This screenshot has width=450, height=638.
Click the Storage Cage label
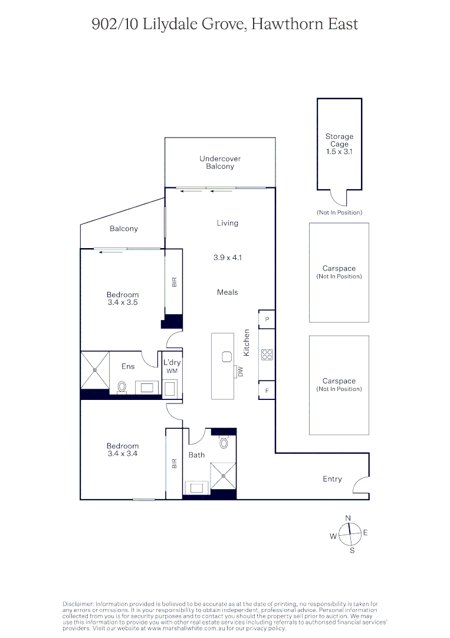(x=339, y=140)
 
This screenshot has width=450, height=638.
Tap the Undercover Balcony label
(x=220, y=162)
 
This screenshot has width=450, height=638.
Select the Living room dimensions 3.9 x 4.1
(x=228, y=258)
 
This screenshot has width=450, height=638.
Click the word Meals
(x=228, y=292)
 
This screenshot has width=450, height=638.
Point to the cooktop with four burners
(x=267, y=354)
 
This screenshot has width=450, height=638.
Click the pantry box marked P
(x=267, y=319)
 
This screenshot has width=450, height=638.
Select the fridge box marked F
(x=267, y=390)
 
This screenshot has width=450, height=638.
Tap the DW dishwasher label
(x=241, y=372)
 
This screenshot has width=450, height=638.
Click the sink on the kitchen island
(x=227, y=356)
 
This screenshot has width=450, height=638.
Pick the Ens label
(x=128, y=366)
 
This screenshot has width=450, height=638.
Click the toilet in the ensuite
(x=122, y=387)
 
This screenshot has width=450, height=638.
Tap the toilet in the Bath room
(x=224, y=442)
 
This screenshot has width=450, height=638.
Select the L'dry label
(x=172, y=362)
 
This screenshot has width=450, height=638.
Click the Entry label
(x=332, y=479)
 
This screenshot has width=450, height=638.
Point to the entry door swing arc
(x=359, y=486)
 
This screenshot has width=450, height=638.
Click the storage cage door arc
(x=339, y=197)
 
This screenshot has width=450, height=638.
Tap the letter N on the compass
(x=348, y=518)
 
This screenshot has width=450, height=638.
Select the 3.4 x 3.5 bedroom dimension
(x=123, y=302)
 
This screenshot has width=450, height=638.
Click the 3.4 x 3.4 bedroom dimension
(x=123, y=454)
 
